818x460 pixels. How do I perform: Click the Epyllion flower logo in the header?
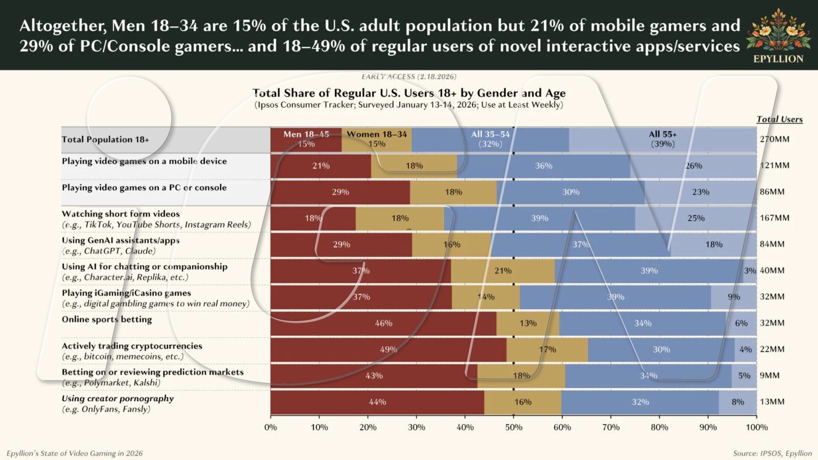(x=778, y=31)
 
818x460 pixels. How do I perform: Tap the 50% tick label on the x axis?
(x=513, y=427)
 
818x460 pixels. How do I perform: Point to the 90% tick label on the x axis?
(x=708, y=427)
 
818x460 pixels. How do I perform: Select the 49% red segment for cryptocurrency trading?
(x=388, y=350)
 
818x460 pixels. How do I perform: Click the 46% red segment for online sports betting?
(x=383, y=323)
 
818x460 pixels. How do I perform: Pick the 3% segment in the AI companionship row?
(x=749, y=271)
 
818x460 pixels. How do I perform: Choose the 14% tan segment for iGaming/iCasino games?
(x=486, y=297)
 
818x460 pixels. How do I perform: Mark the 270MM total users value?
(x=774, y=139)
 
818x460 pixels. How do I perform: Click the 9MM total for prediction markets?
(x=769, y=376)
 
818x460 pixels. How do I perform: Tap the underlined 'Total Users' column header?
(x=779, y=119)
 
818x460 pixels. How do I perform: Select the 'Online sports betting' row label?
(x=107, y=319)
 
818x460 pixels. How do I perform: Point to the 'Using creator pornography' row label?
(x=118, y=399)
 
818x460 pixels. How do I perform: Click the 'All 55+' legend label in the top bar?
(x=663, y=134)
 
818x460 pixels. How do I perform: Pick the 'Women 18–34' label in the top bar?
(x=377, y=134)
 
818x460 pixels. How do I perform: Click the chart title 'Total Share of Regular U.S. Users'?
(x=408, y=93)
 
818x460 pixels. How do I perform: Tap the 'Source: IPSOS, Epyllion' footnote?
(x=772, y=453)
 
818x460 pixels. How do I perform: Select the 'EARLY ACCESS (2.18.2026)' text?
(x=408, y=77)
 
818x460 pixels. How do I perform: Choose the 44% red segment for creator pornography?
(x=377, y=402)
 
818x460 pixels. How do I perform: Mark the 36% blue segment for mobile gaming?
(x=543, y=166)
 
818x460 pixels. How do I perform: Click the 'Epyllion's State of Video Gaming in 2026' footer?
(x=75, y=453)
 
